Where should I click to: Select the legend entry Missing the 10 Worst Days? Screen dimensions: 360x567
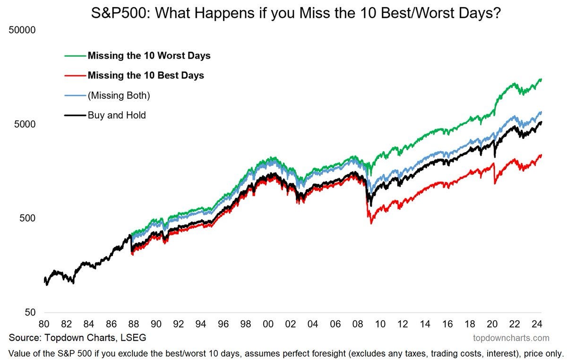(149, 56)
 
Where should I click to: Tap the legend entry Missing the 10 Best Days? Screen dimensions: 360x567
(146, 76)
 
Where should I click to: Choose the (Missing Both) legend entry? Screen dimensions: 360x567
(119, 95)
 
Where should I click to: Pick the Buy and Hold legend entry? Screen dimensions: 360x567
(117, 115)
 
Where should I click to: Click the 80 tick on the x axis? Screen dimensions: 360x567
(44, 325)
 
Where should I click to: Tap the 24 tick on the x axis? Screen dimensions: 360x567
(537, 325)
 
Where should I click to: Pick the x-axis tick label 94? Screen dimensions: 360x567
(201, 325)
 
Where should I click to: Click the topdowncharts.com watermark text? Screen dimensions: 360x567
(511, 338)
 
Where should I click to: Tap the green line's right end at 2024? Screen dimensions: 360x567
(541, 79)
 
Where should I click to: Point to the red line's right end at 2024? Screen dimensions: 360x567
(541, 155)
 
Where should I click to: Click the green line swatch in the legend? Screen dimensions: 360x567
(75, 56)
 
